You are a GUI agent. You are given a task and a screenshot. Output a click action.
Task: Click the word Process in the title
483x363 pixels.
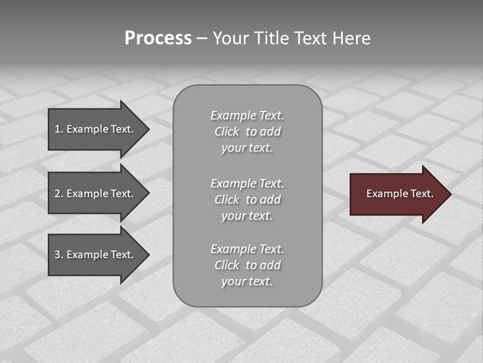click(158, 38)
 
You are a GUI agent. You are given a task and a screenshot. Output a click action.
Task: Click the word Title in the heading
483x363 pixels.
click(272, 38)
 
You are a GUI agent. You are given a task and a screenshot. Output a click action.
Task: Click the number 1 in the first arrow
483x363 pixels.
click(57, 129)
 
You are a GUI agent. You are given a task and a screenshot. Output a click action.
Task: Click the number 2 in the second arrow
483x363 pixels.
click(57, 194)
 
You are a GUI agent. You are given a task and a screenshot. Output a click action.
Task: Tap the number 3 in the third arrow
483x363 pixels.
click(57, 255)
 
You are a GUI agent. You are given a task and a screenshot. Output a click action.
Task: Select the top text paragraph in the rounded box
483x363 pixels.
click(247, 132)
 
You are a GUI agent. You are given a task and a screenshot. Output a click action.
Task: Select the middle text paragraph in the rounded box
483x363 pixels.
click(247, 200)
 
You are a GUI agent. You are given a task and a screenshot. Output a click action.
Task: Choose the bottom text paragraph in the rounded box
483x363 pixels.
click(247, 265)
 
